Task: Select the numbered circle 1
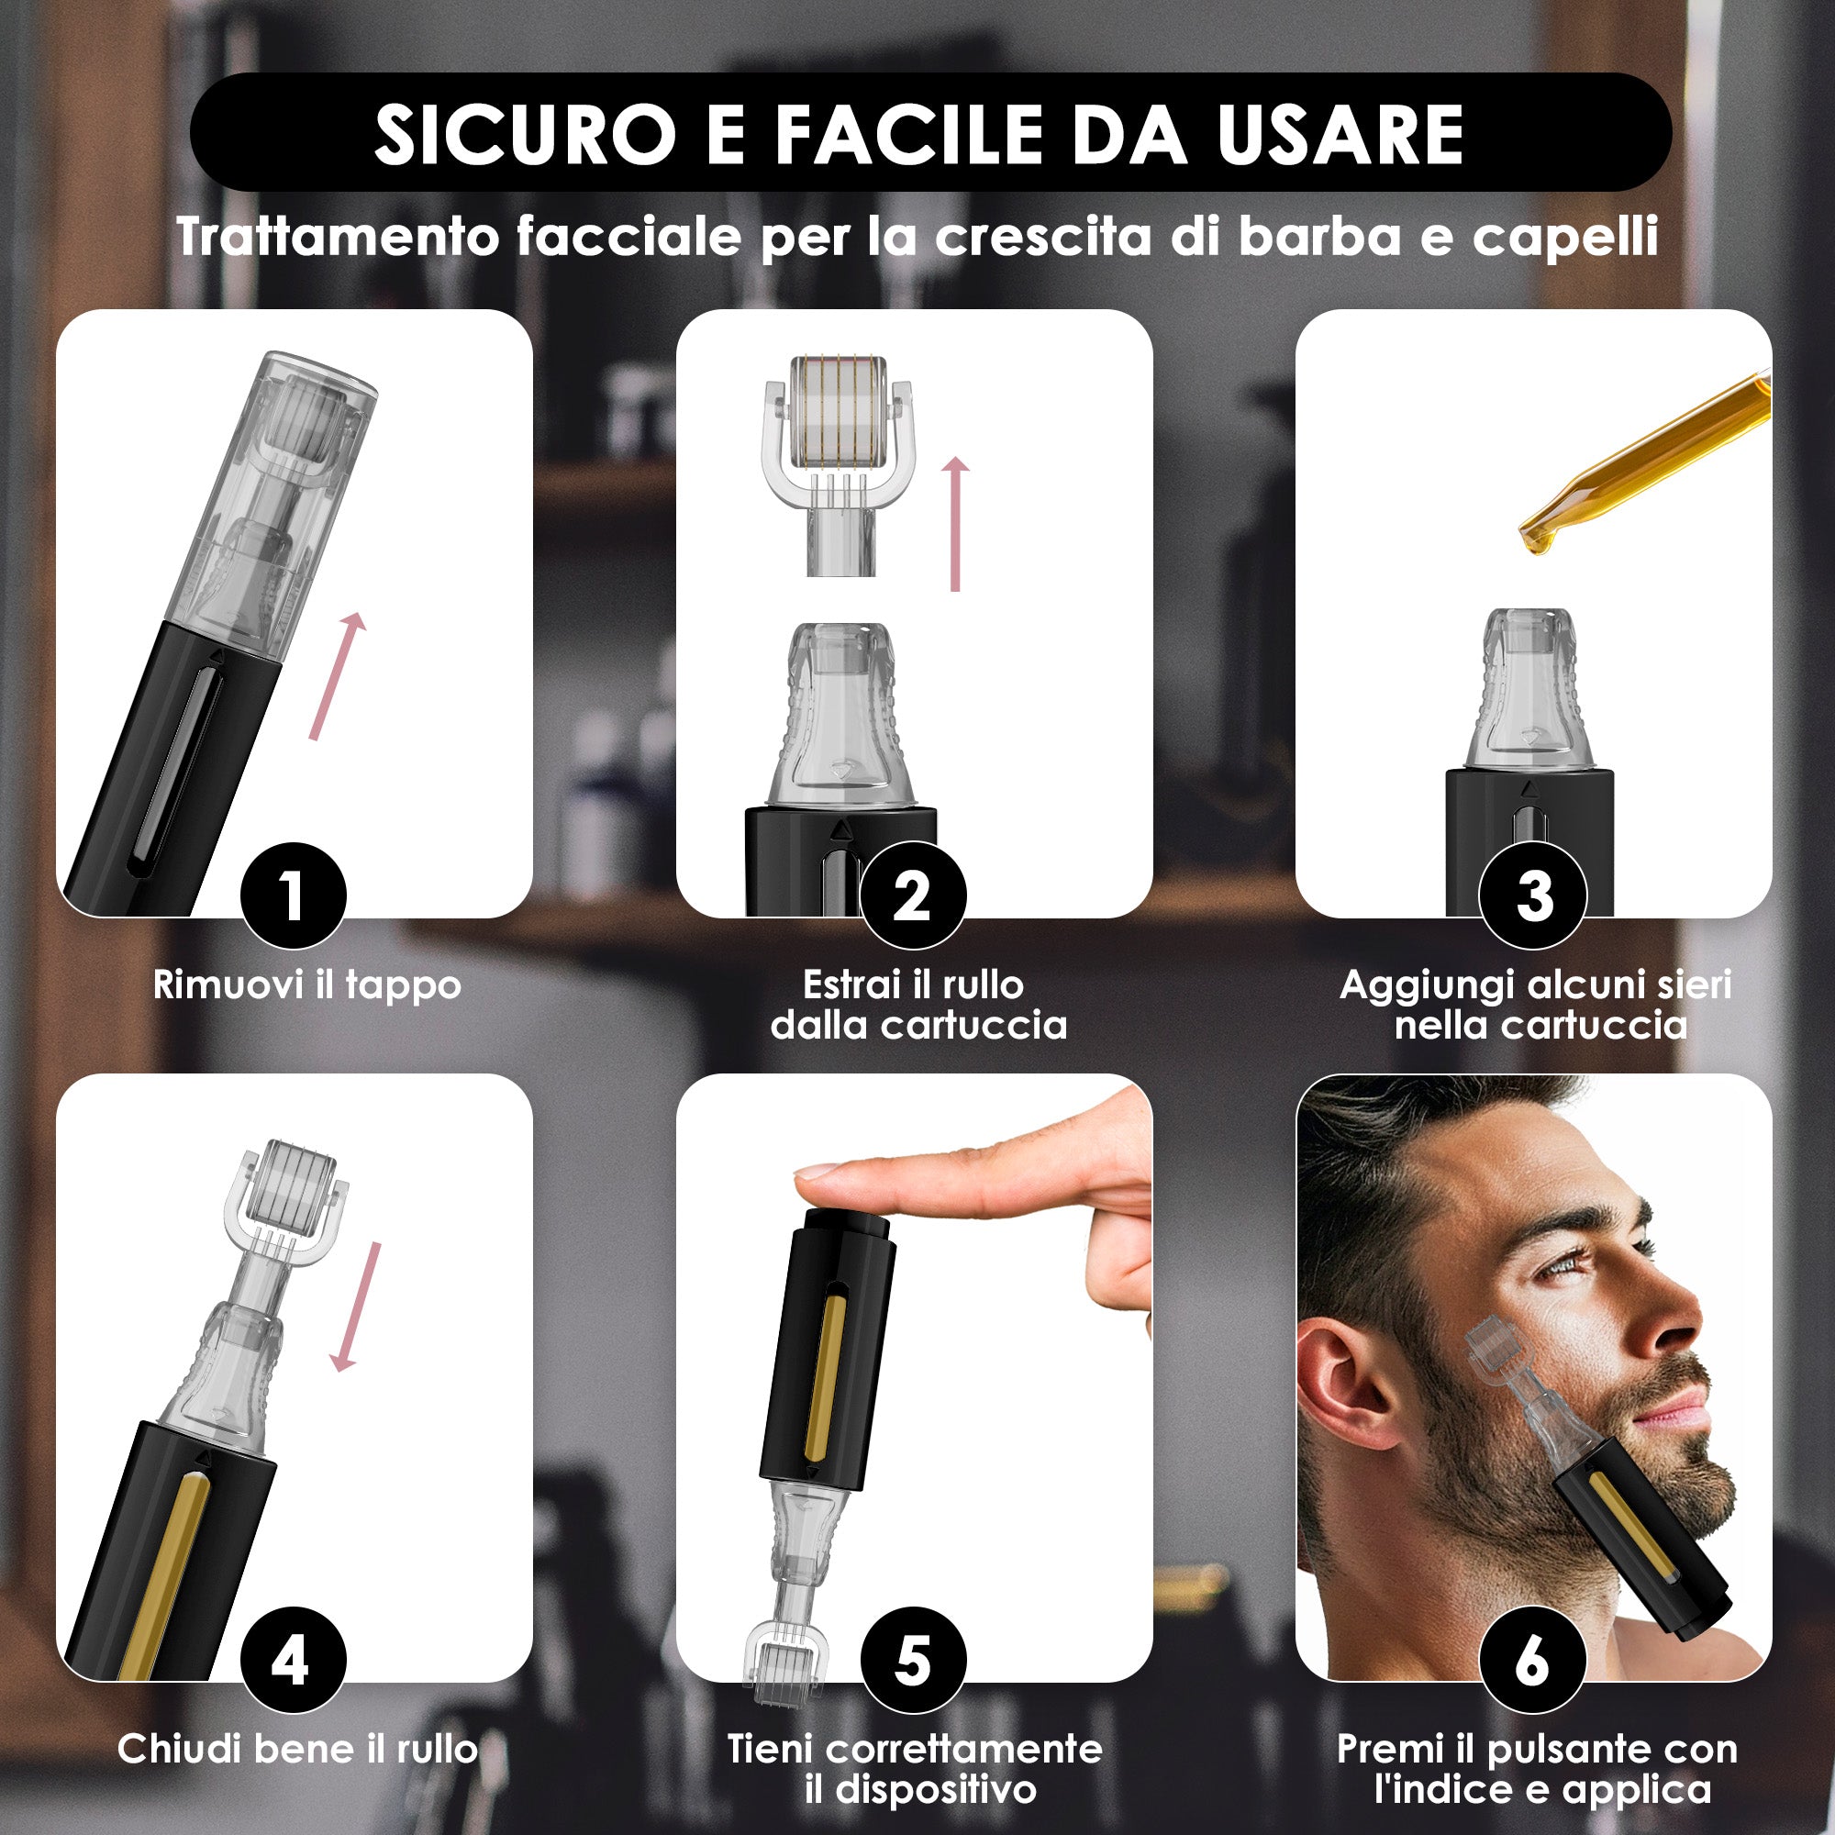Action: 293,895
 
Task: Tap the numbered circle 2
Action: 913,895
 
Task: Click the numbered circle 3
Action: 1533,895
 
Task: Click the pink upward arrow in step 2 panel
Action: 956,523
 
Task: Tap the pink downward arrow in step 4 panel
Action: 357,1306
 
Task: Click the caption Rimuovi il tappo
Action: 306,984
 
